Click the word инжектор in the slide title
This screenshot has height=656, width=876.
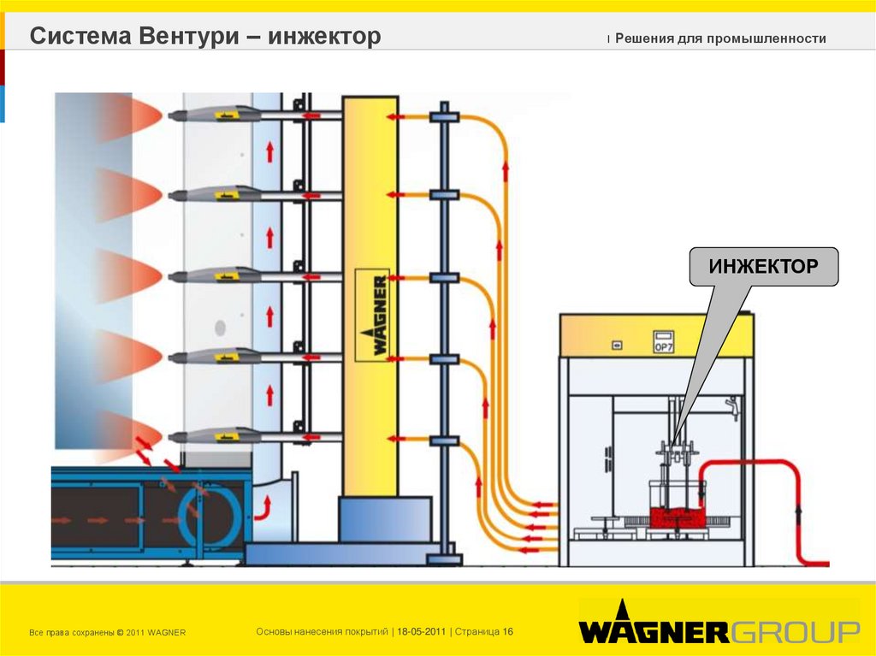pyautogui.click(x=324, y=37)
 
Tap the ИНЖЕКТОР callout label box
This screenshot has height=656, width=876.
pyautogui.click(x=764, y=267)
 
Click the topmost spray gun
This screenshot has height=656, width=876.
pyautogui.click(x=214, y=113)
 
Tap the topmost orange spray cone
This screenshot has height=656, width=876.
pyautogui.click(x=128, y=117)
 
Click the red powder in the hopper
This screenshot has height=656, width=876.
pyautogui.click(x=676, y=517)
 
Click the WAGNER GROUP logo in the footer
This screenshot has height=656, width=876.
pyautogui.click(x=719, y=632)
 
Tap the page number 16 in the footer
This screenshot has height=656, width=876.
pyautogui.click(x=508, y=631)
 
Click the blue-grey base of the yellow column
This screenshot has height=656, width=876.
pyautogui.click(x=383, y=518)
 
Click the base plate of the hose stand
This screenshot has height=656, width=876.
pyautogui.click(x=443, y=559)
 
